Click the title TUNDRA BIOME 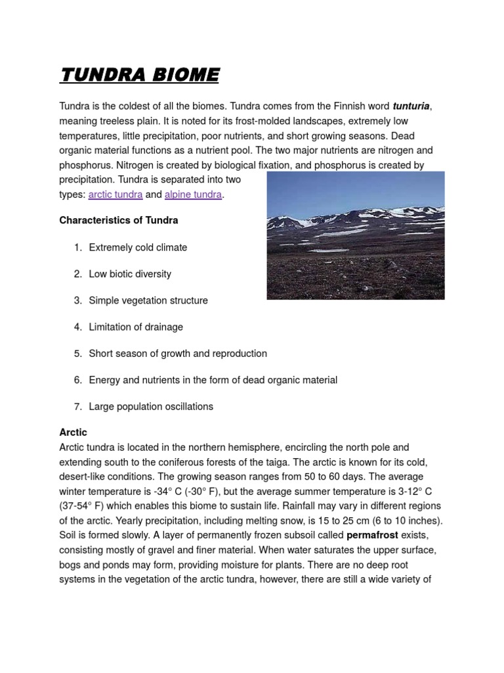139,75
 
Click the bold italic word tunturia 411,106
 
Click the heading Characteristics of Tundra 119,220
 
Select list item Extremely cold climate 138,247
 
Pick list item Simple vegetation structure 148,300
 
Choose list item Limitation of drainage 136,327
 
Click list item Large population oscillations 151,406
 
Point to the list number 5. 77,354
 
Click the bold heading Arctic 73,432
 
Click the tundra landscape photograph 355,235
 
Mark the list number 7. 77,406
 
